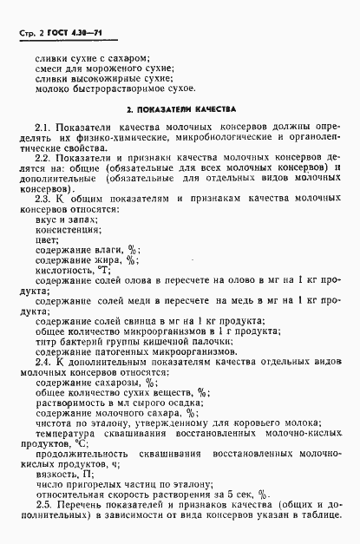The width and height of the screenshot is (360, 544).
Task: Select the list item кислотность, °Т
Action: pyautogui.click(x=75, y=271)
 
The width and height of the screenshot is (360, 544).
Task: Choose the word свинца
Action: pyautogui.click(x=131, y=320)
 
